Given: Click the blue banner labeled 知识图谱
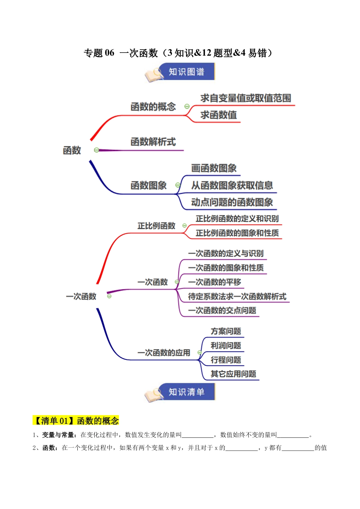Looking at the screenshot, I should pyautogui.click(x=186, y=72).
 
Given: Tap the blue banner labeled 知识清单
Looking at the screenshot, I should pyautogui.click(x=186, y=392).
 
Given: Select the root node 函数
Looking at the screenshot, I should pyautogui.click(x=72, y=150).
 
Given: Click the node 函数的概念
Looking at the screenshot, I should pyautogui.click(x=153, y=107).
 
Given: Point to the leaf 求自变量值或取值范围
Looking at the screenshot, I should pyautogui.click(x=246, y=98).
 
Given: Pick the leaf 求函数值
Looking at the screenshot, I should pyautogui.click(x=219, y=115).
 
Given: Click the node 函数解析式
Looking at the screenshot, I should pyautogui.click(x=153, y=142).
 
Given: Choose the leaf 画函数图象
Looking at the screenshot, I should pyautogui.click(x=214, y=168).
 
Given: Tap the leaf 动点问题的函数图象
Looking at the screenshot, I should pyautogui.click(x=232, y=202).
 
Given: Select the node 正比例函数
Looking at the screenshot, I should pyautogui.click(x=156, y=226).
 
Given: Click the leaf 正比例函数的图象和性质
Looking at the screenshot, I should pyautogui.click(x=237, y=233).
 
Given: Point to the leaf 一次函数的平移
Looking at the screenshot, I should pyautogui.click(x=214, y=282).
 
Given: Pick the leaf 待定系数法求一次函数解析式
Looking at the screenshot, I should pyautogui.click(x=237, y=297).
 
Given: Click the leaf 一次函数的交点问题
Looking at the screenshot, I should pyautogui.click(x=222, y=311).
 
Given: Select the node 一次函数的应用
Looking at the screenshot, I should pyautogui.click(x=164, y=353).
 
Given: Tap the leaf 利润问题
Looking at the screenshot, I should pyautogui.click(x=226, y=346).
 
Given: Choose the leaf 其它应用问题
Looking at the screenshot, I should pyautogui.click(x=233, y=374).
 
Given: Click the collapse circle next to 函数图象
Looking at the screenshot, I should pyautogui.click(x=177, y=185).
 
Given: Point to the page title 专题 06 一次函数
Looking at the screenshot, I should pyautogui.click(x=178, y=53).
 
